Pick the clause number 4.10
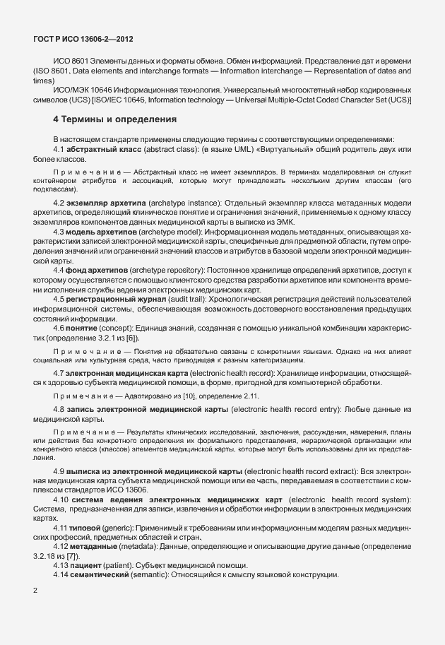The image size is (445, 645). [x=63, y=500]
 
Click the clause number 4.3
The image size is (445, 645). [x=61, y=231]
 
